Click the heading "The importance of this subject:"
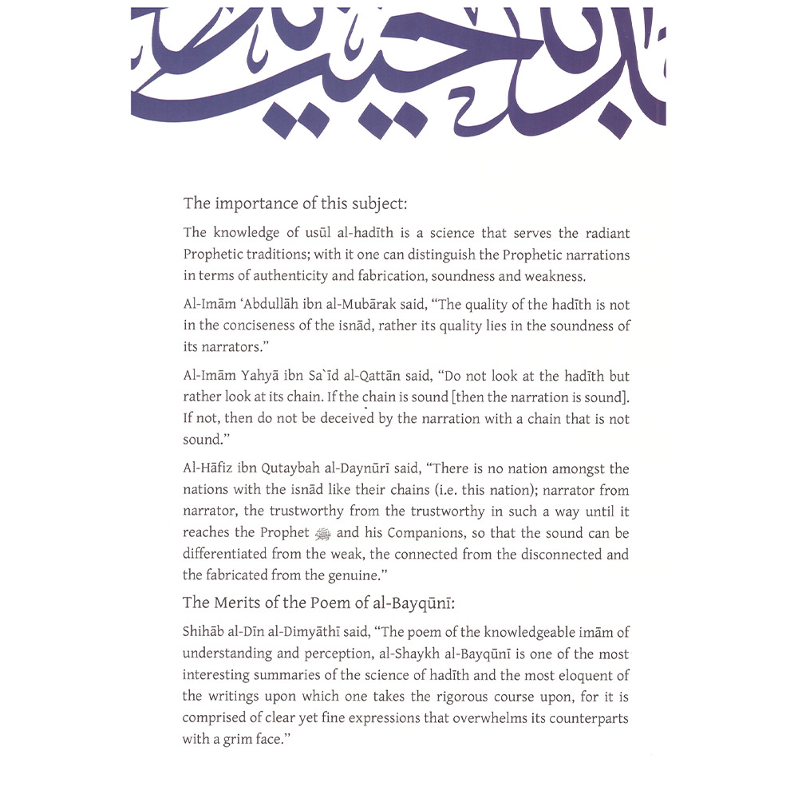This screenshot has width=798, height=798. click(295, 203)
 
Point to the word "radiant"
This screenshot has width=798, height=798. click(603, 233)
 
